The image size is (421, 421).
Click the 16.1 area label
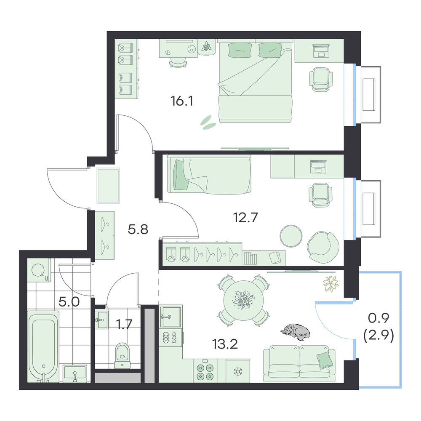pyautogui.click(x=182, y=101)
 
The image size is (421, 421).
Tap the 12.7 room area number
pyautogui.click(x=245, y=217)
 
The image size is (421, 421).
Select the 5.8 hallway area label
pyautogui.click(x=138, y=229)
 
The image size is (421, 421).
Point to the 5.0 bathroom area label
pyautogui.click(x=69, y=302)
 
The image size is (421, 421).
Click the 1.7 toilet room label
pyautogui.click(x=124, y=324)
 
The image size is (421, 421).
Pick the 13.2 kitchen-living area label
pyautogui.click(x=225, y=344)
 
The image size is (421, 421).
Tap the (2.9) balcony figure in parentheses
pyautogui.click(x=378, y=336)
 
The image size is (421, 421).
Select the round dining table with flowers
pyautogui.click(x=244, y=301)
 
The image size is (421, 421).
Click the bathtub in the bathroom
pyautogui.click(x=43, y=346)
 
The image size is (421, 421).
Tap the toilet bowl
pyautogui.click(x=123, y=354)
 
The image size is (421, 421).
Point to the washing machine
pyautogui.click(x=39, y=270)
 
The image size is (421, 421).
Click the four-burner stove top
pyautogui.click(x=205, y=371)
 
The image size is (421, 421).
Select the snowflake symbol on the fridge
pyautogui.click(x=237, y=372)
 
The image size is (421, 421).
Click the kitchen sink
pyautogui.click(x=171, y=316)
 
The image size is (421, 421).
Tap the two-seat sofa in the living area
pyautogui.click(x=299, y=363)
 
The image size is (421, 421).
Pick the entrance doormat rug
pyautogui.click(x=108, y=186)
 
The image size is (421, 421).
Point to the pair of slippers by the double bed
pyautogui.click(x=208, y=123)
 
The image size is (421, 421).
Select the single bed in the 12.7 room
pyautogui.click(x=209, y=174)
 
